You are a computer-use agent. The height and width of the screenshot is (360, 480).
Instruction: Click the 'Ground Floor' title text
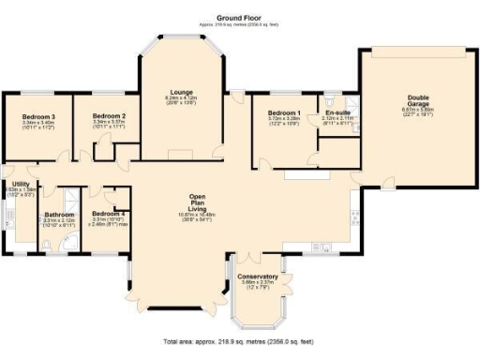click(x=238, y=18)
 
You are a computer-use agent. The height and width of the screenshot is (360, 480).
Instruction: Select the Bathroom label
click(x=59, y=215)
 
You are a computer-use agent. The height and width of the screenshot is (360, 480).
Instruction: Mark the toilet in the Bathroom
click(x=46, y=246)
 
